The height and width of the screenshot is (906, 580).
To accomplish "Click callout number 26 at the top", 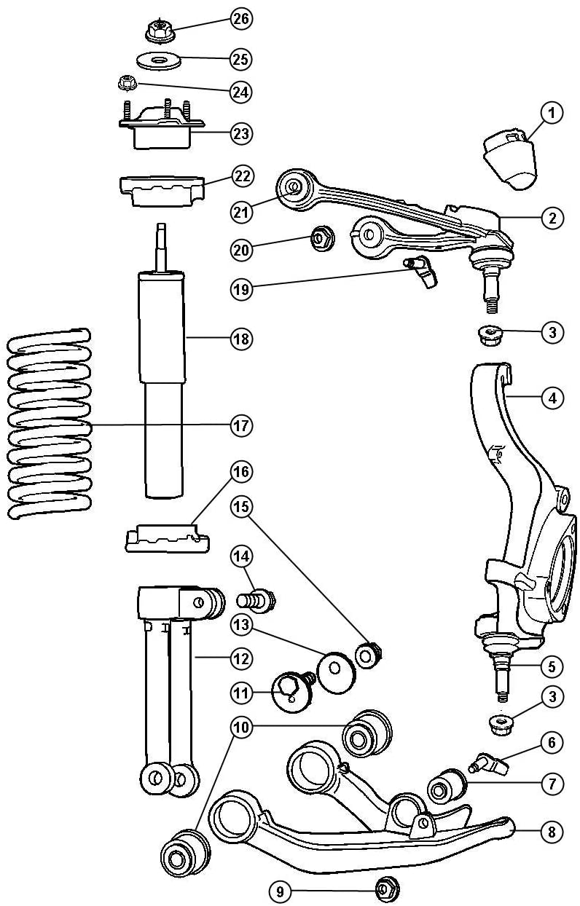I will (x=241, y=19).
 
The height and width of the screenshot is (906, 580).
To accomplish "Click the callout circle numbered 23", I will (x=241, y=133).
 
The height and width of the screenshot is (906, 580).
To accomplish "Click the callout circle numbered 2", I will (x=552, y=217).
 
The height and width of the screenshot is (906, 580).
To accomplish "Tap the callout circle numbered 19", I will (x=241, y=289).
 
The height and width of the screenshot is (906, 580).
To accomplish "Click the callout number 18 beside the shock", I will (x=241, y=339).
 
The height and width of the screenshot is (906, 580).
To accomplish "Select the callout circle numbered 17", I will (x=241, y=425).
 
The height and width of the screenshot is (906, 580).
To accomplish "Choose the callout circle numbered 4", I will (x=552, y=398).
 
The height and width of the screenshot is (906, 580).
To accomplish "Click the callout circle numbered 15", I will (x=241, y=505).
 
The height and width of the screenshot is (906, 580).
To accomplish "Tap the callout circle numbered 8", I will (x=552, y=832).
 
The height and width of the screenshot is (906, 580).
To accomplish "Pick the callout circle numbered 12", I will (x=241, y=658).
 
